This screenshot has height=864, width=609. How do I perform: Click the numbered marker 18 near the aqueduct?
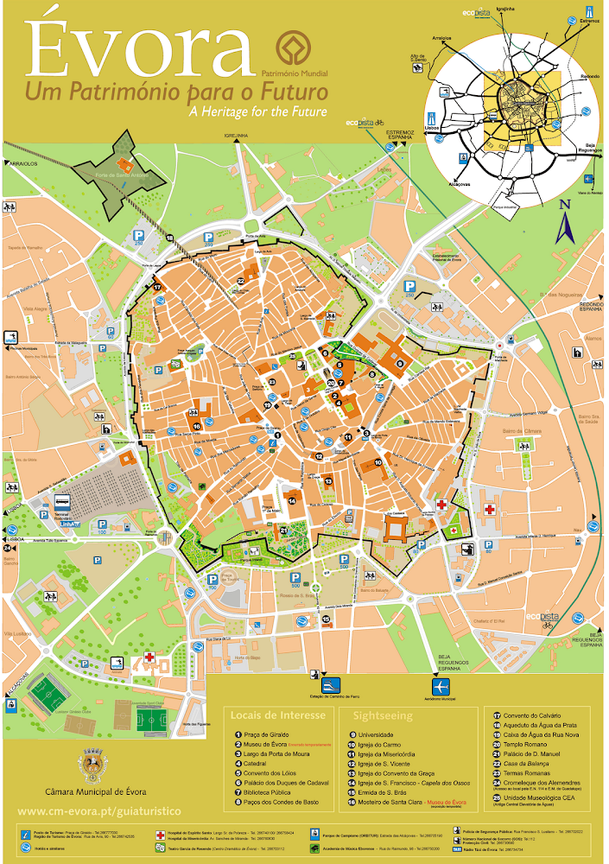(x=170, y=238)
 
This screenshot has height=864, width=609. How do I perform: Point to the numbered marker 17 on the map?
(x=157, y=288)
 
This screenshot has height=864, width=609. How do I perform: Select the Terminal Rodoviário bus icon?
(x=63, y=502)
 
